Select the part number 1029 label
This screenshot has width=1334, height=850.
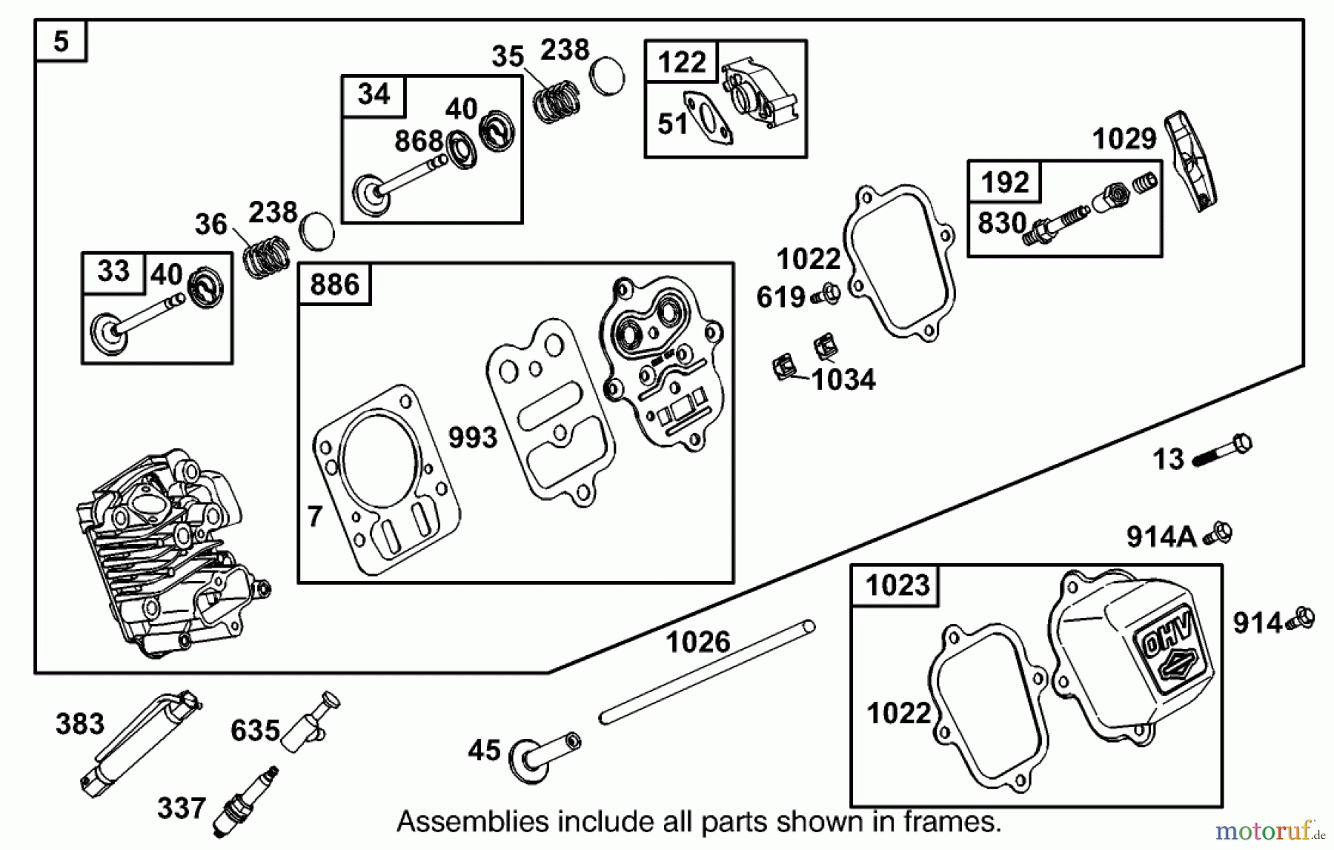(x=1124, y=139)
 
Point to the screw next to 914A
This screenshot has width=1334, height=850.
(x=1218, y=534)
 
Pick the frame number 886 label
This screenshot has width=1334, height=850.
(x=334, y=285)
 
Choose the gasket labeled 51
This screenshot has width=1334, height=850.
(x=709, y=118)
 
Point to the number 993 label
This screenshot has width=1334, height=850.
(x=472, y=437)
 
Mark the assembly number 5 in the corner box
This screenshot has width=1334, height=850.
(x=61, y=41)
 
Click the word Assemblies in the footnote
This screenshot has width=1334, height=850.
(x=473, y=822)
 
